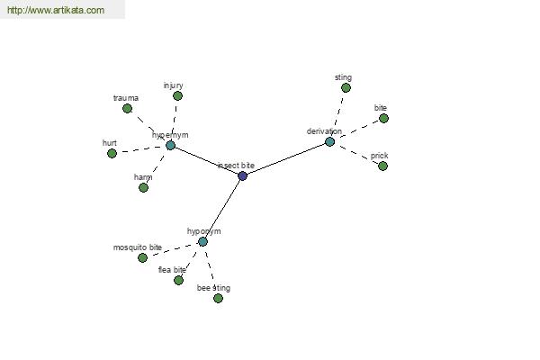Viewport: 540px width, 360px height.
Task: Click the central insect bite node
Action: coord(242,175)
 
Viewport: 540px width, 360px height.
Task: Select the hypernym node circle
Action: coord(170,145)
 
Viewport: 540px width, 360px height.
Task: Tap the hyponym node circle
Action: coord(202,241)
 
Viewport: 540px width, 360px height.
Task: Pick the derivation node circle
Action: coord(329,141)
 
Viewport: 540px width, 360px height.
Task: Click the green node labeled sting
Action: coord(346,88)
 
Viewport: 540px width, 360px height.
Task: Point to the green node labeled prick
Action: coord(382,166)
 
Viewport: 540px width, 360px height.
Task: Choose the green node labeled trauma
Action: coord(127,108)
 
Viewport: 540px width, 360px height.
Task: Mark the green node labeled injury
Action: coord(177,95)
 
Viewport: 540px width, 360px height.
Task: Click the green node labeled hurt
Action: coord(112,153)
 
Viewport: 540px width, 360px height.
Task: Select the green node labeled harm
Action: coord(143,187)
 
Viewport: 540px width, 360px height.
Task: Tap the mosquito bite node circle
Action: coord(142,257)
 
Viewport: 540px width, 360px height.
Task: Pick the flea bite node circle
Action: coord(178,280)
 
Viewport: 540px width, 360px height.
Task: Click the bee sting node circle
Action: coord(218,298)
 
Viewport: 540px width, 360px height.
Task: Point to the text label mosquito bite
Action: coord(137,247)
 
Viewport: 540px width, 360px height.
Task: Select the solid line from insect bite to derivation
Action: coord(286,158)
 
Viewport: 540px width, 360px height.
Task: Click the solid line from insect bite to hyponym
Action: coord(222,209)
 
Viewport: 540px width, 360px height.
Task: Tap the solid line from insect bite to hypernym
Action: coord(206,160)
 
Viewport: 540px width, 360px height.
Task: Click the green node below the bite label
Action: coord(383,118)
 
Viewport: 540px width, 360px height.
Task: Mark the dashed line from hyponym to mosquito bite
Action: coord(173,249)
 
